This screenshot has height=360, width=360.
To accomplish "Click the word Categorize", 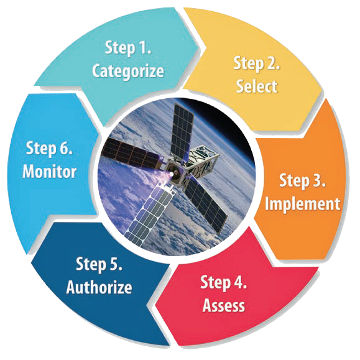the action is [x=128, y=72].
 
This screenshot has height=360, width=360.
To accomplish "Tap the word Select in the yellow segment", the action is [x=257, y=86].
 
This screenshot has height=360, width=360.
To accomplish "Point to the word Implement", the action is [x=303, y=204].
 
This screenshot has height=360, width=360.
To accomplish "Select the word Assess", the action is [x=224, y=305].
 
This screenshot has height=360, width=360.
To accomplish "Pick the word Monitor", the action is [x=49, y=171].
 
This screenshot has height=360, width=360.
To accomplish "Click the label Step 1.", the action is [x=128, y=48].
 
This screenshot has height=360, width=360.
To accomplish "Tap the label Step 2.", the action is [x=257, y=63].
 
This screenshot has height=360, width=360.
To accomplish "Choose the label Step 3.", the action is [x=302, y=181].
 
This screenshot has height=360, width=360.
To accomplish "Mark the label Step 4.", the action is [x=224, y=282].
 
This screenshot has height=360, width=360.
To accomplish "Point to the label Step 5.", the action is [x=99, y=264].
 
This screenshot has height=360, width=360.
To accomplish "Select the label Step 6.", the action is [x=49, y=149].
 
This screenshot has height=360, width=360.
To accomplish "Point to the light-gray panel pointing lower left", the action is [x=149, y=213].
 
